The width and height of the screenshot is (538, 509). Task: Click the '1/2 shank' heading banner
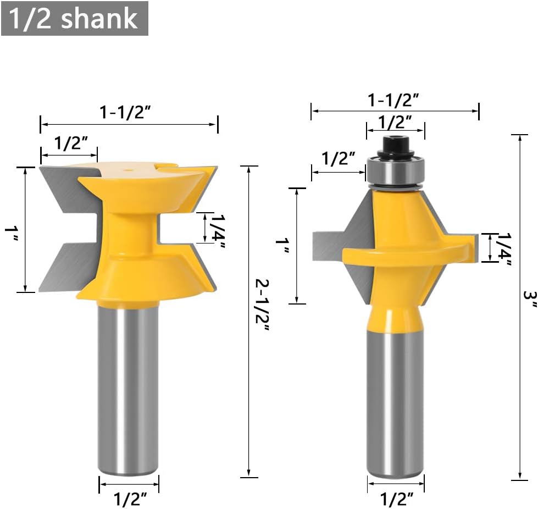74,18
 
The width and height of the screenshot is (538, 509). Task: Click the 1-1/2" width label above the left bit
125,112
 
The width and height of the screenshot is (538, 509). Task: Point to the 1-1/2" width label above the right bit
394,99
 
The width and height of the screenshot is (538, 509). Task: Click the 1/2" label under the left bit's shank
130,499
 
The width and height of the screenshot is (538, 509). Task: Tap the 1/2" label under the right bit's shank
396,499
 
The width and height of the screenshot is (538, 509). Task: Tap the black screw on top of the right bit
395,144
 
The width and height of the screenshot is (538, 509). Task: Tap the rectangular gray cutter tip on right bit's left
326,246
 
